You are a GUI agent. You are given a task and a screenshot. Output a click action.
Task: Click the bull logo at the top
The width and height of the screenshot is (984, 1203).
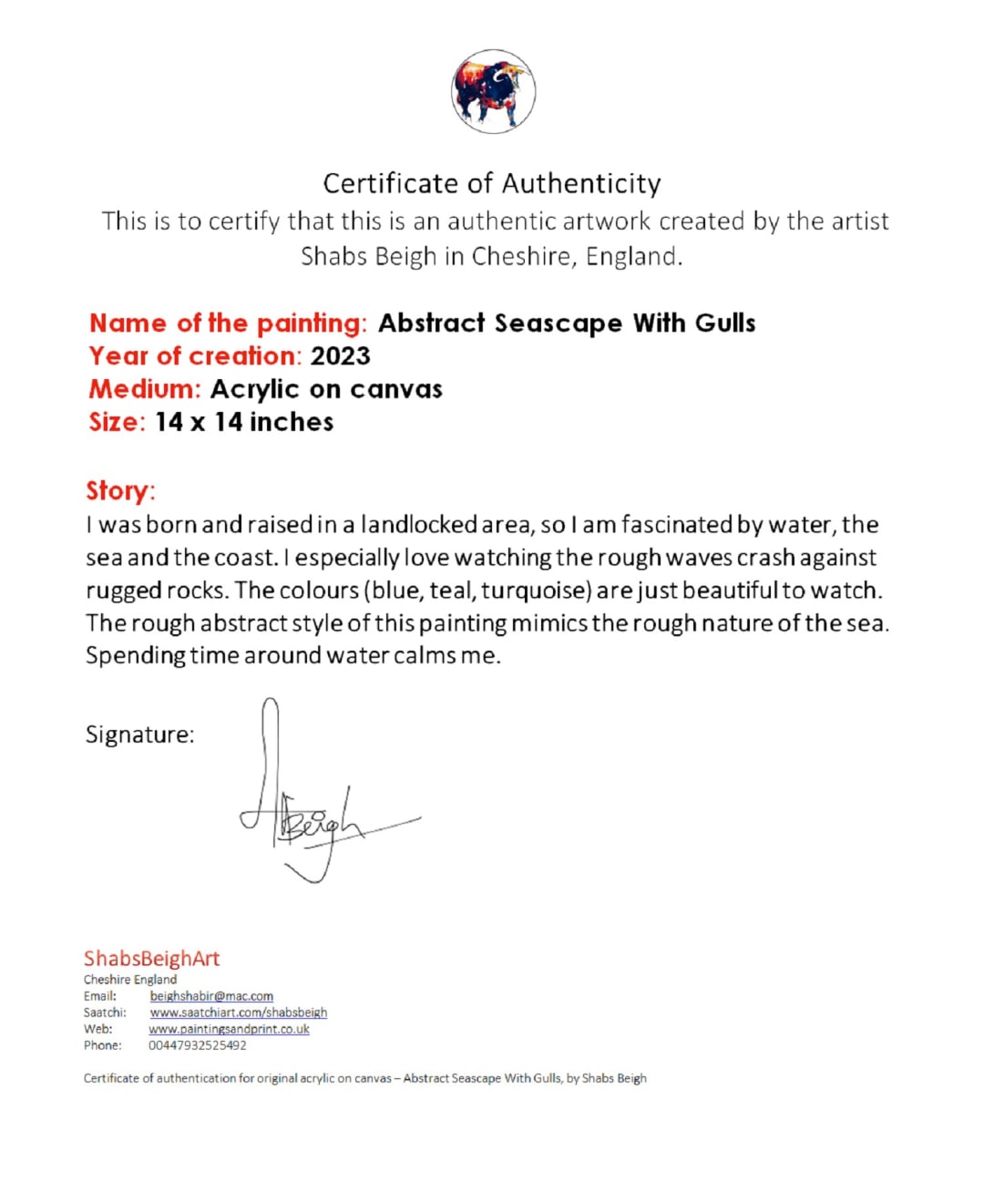point(493,92)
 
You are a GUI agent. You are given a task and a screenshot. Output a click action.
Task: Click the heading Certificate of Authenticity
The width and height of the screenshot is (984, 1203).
point(492,184)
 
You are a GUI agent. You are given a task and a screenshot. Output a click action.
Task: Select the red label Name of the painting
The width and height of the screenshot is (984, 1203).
point(227,324)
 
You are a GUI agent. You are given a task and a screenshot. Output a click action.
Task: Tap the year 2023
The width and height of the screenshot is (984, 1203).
point(341,356)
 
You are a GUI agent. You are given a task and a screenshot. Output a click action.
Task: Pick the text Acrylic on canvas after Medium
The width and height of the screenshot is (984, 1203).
point(326,389)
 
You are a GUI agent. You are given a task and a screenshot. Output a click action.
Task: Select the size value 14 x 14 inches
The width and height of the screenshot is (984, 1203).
point(244,422)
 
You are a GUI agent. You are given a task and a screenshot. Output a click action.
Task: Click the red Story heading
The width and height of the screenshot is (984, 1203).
point(120,491)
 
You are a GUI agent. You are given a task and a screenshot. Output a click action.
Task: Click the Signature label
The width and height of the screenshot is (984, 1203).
point(139,735)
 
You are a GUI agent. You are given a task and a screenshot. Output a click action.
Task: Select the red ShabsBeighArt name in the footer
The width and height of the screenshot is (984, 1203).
point(151,959)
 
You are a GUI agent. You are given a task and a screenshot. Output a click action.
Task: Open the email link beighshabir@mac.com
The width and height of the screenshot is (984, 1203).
point(211,996)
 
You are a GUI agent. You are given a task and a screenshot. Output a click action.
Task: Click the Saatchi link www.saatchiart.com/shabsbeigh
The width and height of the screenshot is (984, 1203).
point(238,1013)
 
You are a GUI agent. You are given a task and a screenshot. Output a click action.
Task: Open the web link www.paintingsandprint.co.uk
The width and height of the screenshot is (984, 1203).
point(229,1029)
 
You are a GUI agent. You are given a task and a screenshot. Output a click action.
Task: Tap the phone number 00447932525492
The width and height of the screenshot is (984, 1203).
point(197,1045)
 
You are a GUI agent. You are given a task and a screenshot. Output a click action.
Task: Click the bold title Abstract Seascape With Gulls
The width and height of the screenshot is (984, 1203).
point(567,324)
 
